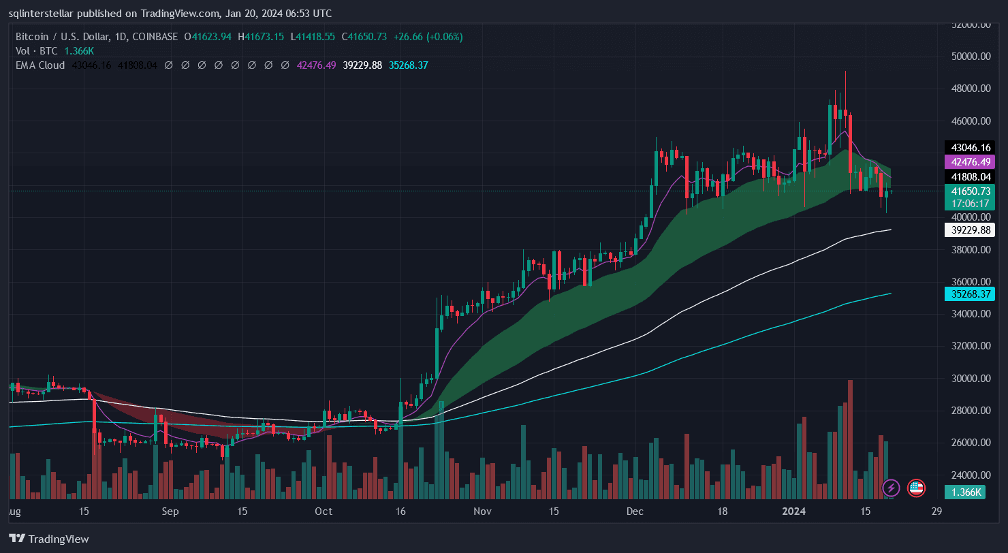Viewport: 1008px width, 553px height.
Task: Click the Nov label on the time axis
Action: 482,511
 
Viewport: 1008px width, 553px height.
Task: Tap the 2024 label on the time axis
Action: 794,511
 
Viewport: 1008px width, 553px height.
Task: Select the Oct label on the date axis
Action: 324,511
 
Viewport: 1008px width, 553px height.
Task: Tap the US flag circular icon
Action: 916,488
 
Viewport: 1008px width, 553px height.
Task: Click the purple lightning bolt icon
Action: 891,488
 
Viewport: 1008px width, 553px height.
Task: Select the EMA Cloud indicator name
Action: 40,65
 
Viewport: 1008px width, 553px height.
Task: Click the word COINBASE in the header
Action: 157,36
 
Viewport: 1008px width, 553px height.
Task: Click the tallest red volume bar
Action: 850,439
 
